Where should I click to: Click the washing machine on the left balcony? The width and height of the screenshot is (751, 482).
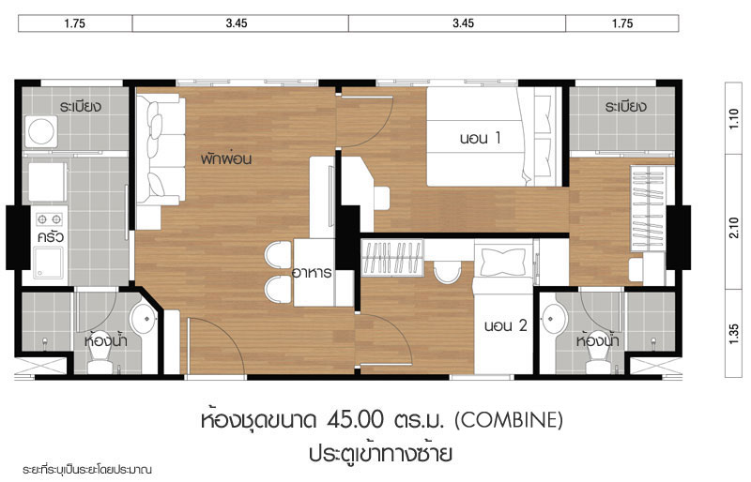pyautogui.click(x=41, y=131)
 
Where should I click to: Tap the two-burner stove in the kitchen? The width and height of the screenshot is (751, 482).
pyautogui.click(x=50, y=219)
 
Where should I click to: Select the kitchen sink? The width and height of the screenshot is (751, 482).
pyautogui.click(x=48, y=263)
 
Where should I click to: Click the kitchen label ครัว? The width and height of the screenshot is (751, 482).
pyautogui.click(x=51, y=237)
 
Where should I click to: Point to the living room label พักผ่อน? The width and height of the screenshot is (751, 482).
pyautogui.click(x=226, y=158)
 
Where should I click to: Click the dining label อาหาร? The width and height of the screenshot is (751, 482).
pyautogui.click(x=312, y=272)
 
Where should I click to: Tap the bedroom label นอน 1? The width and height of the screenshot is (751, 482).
pyautogui.click(x=480, y=139)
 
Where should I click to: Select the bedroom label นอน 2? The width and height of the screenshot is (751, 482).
pyautogui.click(x=505, y=326)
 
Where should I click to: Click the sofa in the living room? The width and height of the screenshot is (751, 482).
pyautogui.click(x=161, y=149)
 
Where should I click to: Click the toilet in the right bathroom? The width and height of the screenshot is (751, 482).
pyautogui.click(x=598, y=353)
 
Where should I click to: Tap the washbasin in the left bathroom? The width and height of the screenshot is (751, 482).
pyautogui.click(x=144, y=318)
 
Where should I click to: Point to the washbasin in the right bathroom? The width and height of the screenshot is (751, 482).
pyautogui.click(x=555, y=318)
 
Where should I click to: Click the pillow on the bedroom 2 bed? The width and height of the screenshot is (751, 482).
pyautogui.click(x=502, y=262)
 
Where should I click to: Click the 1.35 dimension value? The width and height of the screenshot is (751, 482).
pyautogui.click(x=734, y=333)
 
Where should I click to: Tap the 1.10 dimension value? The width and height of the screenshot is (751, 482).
pyautogui.click(x=734, y=118)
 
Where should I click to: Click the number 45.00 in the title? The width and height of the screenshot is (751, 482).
pyautogui.click(x=356, y=420)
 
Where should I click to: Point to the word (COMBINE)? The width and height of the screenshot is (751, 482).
pyautogui.click(x=508, y=420)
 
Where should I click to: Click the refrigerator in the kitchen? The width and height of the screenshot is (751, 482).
pyautogui.click(x=47, y=182)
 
